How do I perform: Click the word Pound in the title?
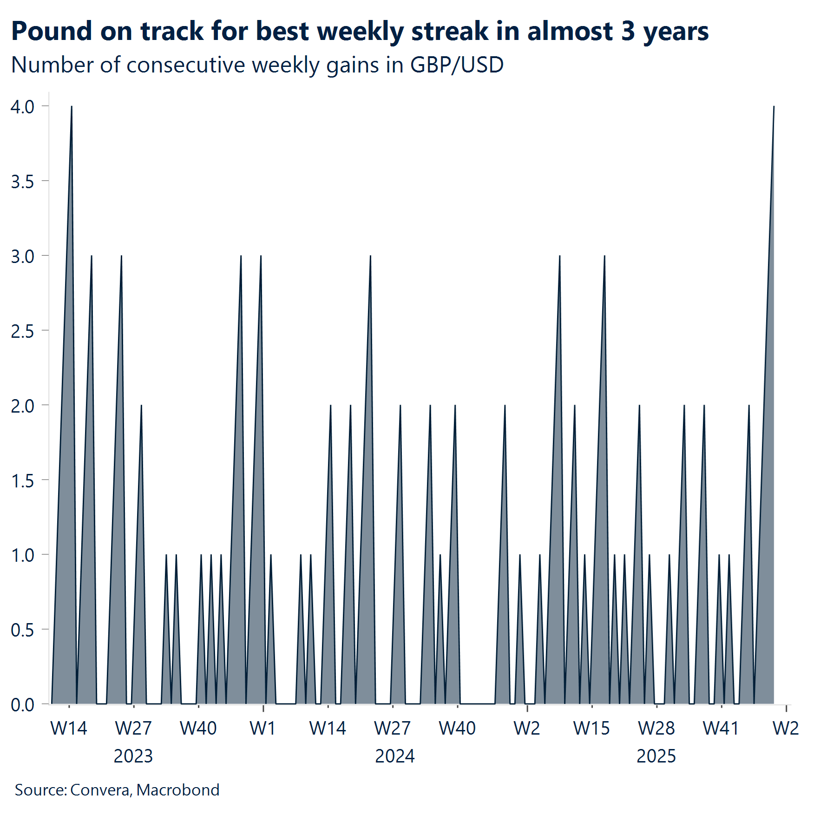click(x=52, y=32)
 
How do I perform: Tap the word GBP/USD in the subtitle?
click(x=457, y=65)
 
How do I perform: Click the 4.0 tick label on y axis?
click(x=22, y=107)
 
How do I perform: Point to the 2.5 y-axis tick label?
click(x=22, y=331)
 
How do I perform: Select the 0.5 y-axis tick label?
click(x=22, y=631)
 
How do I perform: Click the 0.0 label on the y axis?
click(x=22, y=705)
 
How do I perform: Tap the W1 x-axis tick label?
click(x=262, y=728)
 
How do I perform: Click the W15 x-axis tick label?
click(x=591, y=728)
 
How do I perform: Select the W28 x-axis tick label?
click(x=656, y=728)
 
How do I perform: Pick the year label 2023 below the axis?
click(x=133, y=756)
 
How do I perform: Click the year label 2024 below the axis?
click(x=394, y=756)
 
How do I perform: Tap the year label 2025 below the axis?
click(x=656, y=756)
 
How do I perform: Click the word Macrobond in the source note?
click(x=178, y=790)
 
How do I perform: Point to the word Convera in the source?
click(x=100, y=790)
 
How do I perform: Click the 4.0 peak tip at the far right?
click(x=774, y=107)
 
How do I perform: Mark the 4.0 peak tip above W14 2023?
click(x=72, y=107)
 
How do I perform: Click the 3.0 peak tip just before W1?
click(x=261, y=256)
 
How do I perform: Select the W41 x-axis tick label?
click(x=721, y=728)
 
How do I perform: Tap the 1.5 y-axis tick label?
click(x=22, y=481)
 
